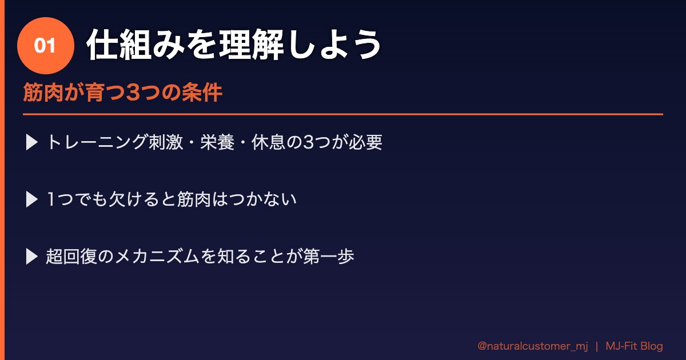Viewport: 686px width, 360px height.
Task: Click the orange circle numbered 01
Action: (x=46, y=46)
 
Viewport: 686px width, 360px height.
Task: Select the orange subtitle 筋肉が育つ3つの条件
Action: (x=122, y=93)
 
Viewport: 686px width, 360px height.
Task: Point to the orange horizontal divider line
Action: (x=343, y=114)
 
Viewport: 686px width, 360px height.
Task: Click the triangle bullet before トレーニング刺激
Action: (x=32, y=142)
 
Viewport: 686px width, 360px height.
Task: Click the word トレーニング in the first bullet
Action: (x=97, y=142)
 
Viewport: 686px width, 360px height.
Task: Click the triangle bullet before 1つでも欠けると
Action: (x=32, y=199)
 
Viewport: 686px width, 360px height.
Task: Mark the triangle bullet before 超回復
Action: (x=32, y=257)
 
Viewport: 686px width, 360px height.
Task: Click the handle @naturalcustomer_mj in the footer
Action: (x=532, y=346)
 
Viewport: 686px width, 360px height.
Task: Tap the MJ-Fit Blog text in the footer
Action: (x=634, y=346)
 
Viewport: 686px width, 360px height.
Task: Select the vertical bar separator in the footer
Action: (x=596, y=346)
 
